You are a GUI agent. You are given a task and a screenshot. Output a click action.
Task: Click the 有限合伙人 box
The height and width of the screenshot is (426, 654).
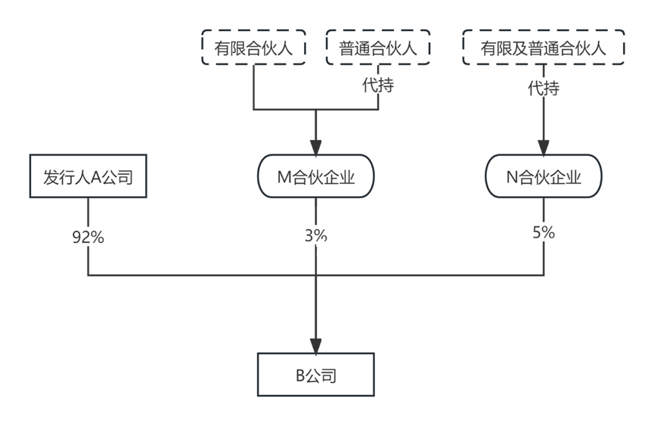253,49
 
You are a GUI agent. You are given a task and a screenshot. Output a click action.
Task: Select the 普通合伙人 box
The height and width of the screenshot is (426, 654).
378,49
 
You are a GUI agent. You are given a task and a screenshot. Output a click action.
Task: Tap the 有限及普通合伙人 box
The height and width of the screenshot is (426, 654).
544,49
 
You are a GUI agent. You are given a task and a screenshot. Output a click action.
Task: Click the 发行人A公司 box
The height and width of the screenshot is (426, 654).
88,178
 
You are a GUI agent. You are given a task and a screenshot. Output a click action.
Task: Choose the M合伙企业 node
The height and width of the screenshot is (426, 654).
316,178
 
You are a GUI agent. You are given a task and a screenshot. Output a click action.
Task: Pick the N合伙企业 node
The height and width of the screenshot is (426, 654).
544,178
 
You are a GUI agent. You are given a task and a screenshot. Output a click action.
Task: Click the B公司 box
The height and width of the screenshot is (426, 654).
316,375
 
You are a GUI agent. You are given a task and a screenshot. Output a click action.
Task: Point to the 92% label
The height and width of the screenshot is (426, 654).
88,237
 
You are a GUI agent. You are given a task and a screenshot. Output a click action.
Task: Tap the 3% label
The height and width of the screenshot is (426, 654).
316,234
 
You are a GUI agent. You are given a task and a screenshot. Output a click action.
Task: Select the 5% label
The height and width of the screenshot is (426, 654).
544,233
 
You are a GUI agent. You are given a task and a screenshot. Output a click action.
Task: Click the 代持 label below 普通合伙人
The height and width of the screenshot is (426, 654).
378,85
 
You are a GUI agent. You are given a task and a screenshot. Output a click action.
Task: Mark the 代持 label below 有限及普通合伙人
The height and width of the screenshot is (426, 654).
544,89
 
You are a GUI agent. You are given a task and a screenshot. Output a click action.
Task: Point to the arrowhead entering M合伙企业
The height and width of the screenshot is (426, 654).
316,148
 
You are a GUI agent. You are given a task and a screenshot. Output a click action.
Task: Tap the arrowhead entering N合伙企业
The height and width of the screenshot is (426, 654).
544,148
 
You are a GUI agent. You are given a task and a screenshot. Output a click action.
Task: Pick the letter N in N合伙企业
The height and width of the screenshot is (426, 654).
512,178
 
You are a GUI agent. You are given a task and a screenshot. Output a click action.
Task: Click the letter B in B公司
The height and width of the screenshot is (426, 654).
299,376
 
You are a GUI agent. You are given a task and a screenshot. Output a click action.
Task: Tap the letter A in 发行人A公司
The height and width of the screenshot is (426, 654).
96,178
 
